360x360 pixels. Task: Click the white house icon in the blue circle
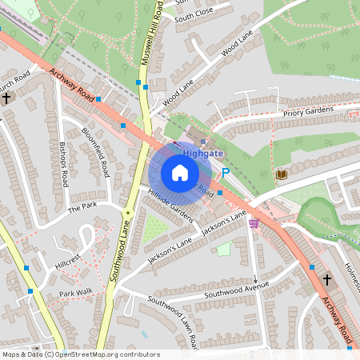tap(180, 173)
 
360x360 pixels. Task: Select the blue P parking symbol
tap(226, 172)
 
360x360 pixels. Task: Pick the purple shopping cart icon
tap(254, 223)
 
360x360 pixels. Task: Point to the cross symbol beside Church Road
tap(6, 98)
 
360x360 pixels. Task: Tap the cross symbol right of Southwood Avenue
tap(326, 279)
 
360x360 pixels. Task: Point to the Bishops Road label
tap(63, 164)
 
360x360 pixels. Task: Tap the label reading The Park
tap(81, 208)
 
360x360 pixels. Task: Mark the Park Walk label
tap(77, 294)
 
